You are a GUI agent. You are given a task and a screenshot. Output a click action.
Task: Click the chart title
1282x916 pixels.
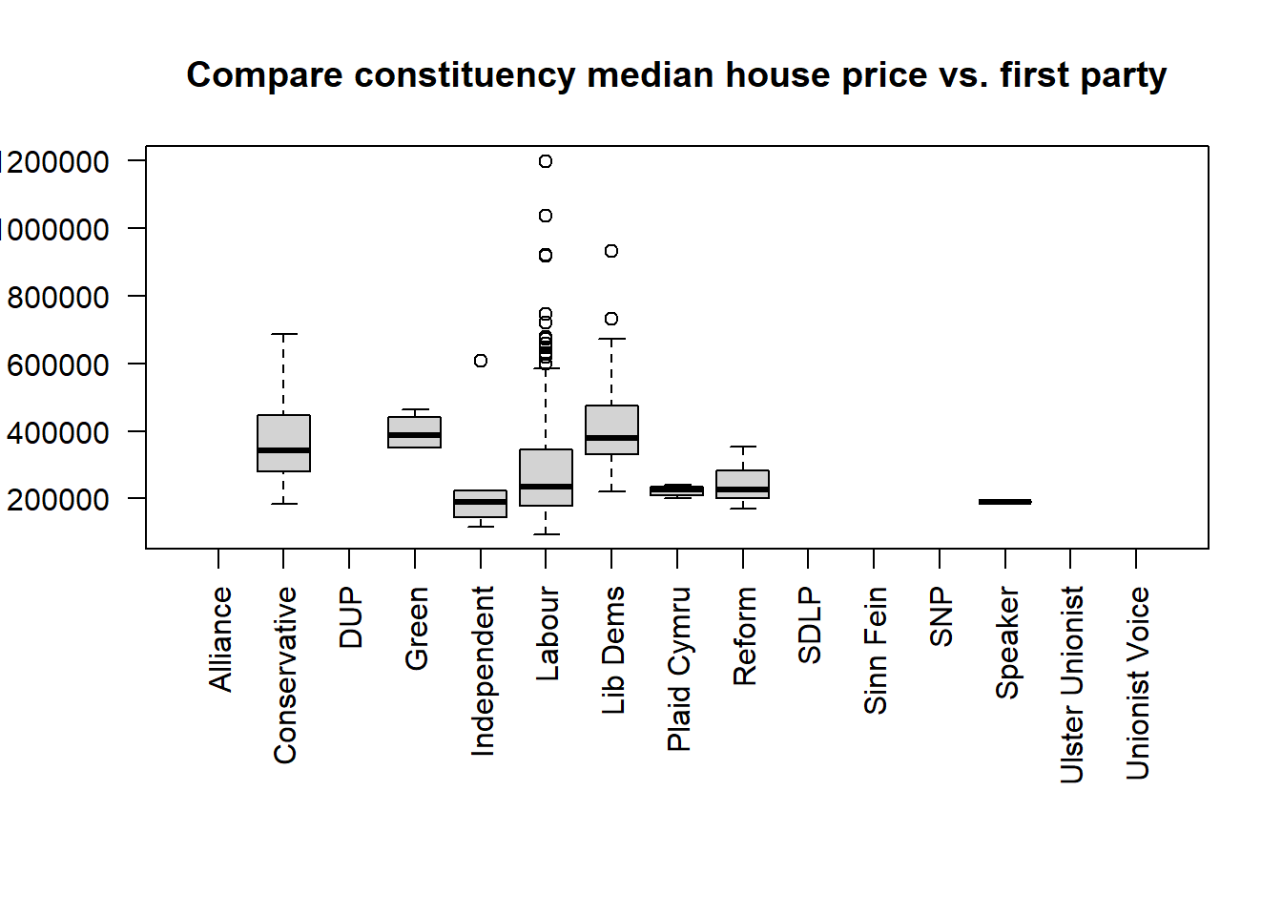click(x=675, y=75)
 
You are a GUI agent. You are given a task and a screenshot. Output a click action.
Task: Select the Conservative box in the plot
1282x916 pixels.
click(x=283, y=443)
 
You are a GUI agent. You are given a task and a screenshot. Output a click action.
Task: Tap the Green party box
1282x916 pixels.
click(x=415, y=432)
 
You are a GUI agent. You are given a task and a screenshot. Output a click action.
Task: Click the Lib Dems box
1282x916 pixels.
click(x=611, y=429)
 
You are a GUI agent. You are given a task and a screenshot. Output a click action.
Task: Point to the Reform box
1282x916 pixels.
click(x=743, y=484)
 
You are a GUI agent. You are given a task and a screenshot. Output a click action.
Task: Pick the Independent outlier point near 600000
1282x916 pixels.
click(x=481, y=361)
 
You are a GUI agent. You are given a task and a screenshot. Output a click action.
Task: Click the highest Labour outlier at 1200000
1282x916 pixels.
click(x=546, y=161)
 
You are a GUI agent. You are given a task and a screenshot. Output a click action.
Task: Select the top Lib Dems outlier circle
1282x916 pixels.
click(x=611, y=251)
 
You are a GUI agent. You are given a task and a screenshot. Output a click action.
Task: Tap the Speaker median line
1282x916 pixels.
click(x=1004, y=502)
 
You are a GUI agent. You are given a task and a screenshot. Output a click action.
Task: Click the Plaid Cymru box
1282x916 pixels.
click(x=677, y=490)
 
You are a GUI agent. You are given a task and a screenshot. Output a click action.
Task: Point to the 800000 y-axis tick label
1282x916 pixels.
click(x=57, y=298)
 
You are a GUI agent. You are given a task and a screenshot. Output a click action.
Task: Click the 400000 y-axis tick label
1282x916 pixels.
click(x=57, y=433)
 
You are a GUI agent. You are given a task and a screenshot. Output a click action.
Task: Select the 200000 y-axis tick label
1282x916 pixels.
click(x=57, y=500)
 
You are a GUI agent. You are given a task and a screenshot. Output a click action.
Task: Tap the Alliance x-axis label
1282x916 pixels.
click(x=220, y=638)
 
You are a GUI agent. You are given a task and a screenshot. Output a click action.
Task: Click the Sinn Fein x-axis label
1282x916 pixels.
click(x=876, y=650)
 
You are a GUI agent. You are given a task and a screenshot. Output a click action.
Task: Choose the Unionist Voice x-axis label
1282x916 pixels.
click(x=1137, y=683)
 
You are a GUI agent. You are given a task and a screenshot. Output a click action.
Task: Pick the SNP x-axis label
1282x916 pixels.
click(x=941, y=616)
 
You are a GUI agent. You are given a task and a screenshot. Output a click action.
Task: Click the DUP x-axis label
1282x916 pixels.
click(x=351, y=617)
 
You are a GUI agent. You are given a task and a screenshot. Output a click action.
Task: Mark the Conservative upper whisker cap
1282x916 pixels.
click(x=283, y=334)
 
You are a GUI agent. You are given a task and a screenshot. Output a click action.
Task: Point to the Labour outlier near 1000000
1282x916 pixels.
click(x=546, y=216)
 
